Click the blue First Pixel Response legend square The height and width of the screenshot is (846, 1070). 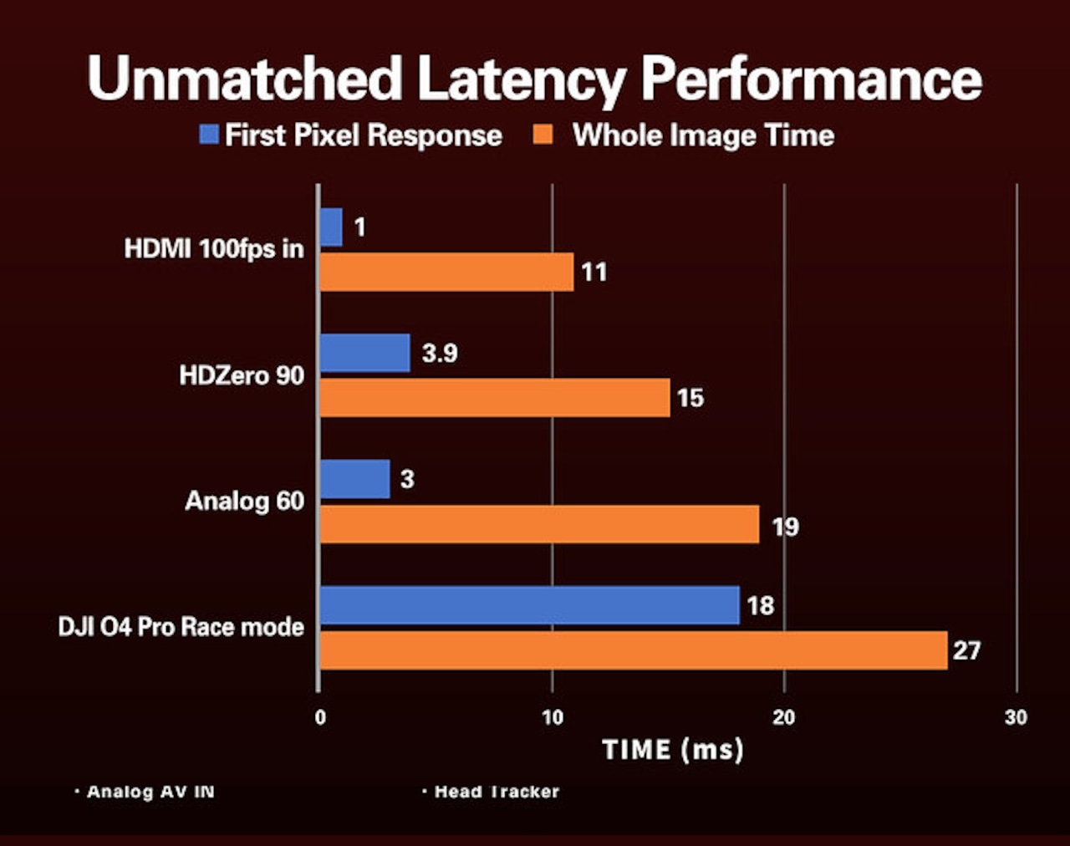coord(209,134)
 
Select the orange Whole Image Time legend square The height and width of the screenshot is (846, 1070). coord(543,134)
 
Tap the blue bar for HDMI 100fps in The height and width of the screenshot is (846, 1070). coord(331,227)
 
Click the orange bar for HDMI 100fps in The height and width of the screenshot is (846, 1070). coord(446,273)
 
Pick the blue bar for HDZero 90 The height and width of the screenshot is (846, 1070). coord(364,353)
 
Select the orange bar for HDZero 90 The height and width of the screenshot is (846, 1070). coord(495,398)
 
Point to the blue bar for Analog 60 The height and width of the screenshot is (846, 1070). coord(354,479)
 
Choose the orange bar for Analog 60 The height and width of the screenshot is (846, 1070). coord(539,524)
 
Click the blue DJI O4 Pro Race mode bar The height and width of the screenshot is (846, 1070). coord(529,605)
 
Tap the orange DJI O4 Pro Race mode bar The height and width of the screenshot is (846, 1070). coord(633,650)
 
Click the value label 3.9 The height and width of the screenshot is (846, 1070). coord(440,353)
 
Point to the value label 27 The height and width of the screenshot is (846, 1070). coord(966,650)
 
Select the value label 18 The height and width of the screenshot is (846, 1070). coord(760,605)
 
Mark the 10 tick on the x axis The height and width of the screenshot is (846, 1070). coord(552,717)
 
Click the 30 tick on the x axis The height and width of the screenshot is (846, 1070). coord(1016,717)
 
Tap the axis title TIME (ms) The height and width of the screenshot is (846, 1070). coord(673,749)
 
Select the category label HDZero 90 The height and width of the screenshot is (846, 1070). coord(242,375)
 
